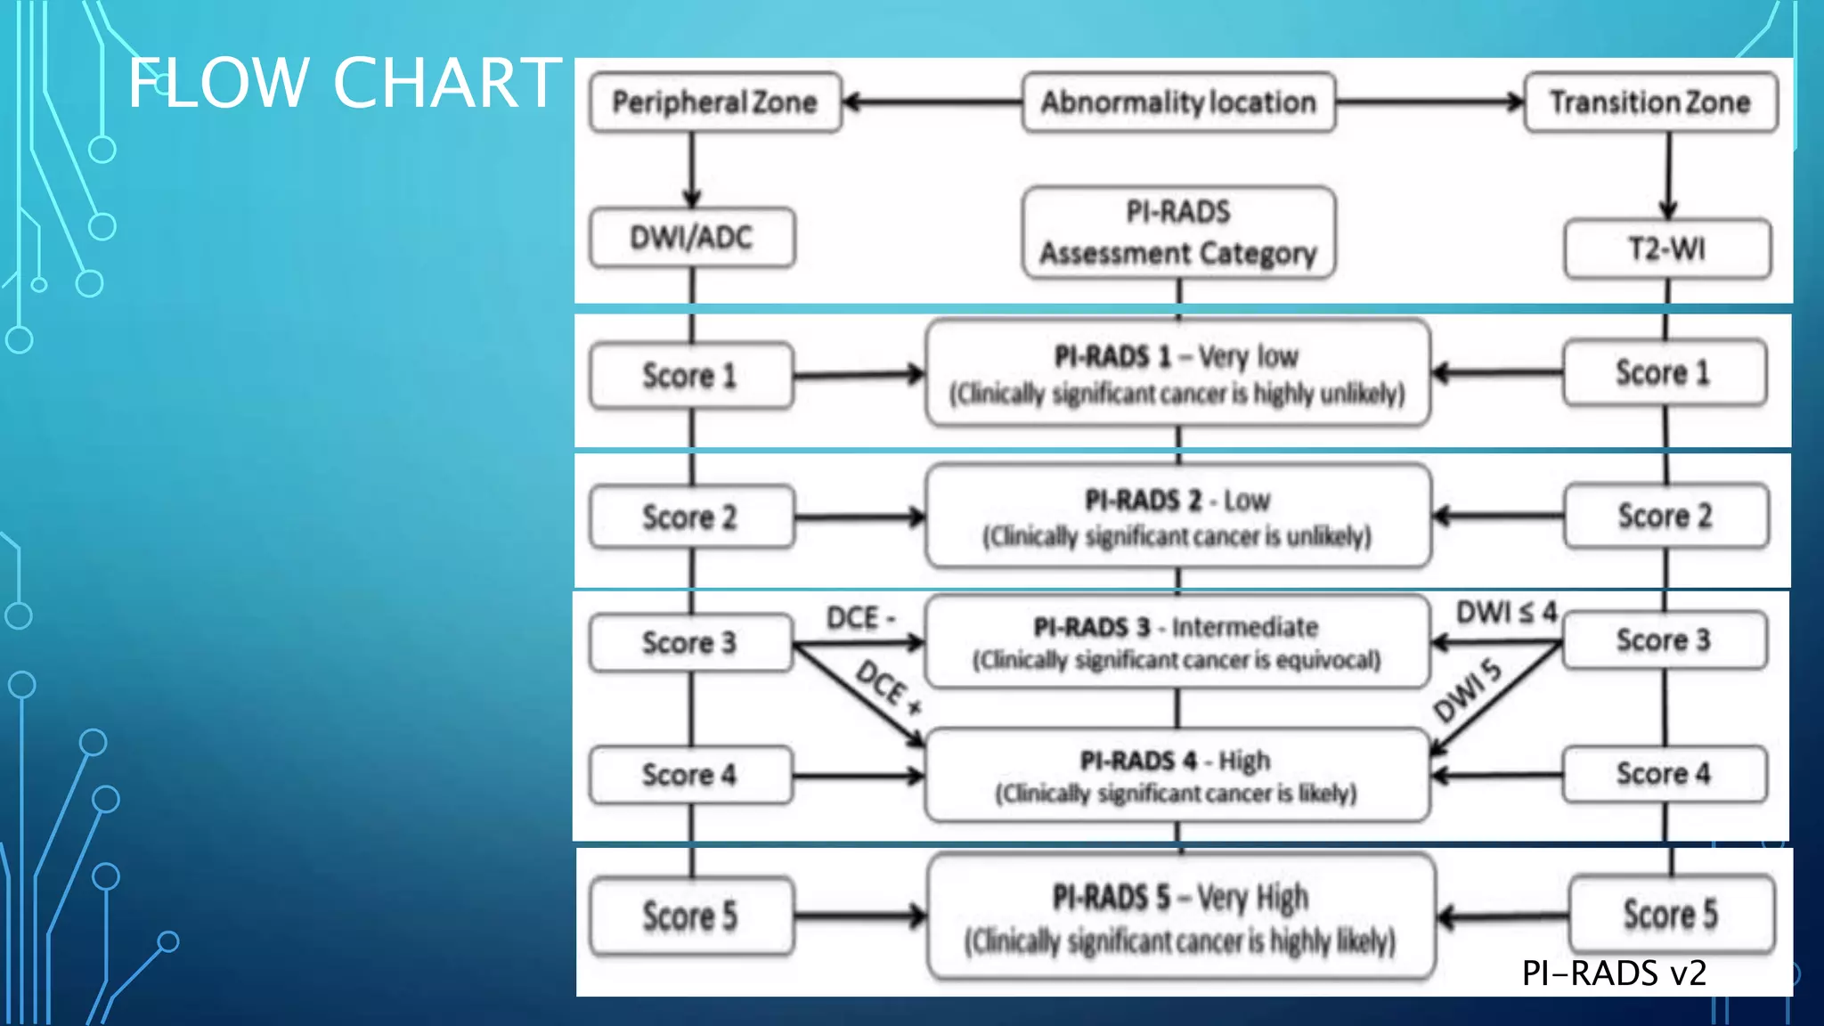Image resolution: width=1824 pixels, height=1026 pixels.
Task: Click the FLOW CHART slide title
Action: tap(345, 83)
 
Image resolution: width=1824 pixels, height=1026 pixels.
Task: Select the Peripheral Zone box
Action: tap(714, 102)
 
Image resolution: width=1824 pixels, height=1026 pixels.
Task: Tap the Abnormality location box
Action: tap(1178, 102)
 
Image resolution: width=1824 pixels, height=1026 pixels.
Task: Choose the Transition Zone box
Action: tap(1650, 102)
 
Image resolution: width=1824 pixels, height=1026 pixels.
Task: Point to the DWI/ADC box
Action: tap(692, 238)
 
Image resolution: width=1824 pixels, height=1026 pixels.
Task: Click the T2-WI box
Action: tap(1667, 248)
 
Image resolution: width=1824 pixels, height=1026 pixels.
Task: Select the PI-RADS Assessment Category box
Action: tap(1178, 233)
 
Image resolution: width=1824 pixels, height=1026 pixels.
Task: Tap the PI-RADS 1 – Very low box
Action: tap(1177, 374)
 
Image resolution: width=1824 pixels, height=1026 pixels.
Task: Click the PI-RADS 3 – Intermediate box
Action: tap(1177, 642)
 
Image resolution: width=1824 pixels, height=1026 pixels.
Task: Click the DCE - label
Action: tap(859, 617)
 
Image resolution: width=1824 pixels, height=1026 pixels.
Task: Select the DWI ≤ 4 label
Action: tap(1506, 613)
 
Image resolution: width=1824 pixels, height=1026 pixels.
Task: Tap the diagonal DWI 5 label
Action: tap(1467, 690)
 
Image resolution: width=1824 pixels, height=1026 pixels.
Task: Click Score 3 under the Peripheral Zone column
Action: tap(690, 642)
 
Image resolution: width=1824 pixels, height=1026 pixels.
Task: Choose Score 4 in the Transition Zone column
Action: tap(1664, 773)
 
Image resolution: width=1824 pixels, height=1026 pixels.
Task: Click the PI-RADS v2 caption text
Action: tap(1614, 973)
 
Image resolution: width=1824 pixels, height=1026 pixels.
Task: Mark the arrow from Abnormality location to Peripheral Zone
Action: tap(931, 102)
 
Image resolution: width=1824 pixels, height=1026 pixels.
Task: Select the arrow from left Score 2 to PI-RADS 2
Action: tap(859, 517)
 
